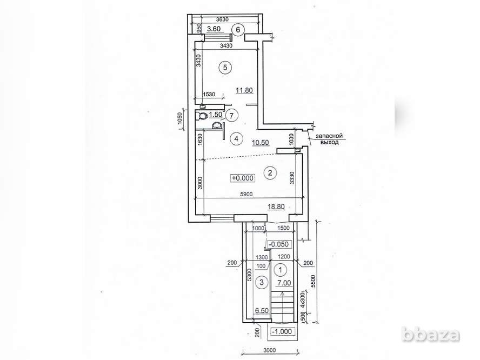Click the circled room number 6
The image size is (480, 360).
coord(238,30)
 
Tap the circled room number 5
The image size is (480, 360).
coord(225,68)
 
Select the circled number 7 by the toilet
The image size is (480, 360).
coord(231,116)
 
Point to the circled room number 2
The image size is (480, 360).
coord(270,173)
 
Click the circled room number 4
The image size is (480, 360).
coord(236,139)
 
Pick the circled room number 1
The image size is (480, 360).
coord(281,270)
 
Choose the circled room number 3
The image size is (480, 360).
coord(262,282)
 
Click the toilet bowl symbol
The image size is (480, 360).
coord(202,116)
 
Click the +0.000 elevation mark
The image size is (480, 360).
coord(243,178)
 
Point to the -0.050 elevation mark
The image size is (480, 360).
coord(278,244)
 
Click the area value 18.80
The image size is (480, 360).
coord(276,207)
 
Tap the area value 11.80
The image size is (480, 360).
coord(244,90)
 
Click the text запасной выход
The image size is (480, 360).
coord(329,139)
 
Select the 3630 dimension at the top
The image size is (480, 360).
coord(222,19)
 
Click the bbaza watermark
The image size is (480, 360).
coord(431,335)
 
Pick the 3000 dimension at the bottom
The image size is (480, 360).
coord(269,350)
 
